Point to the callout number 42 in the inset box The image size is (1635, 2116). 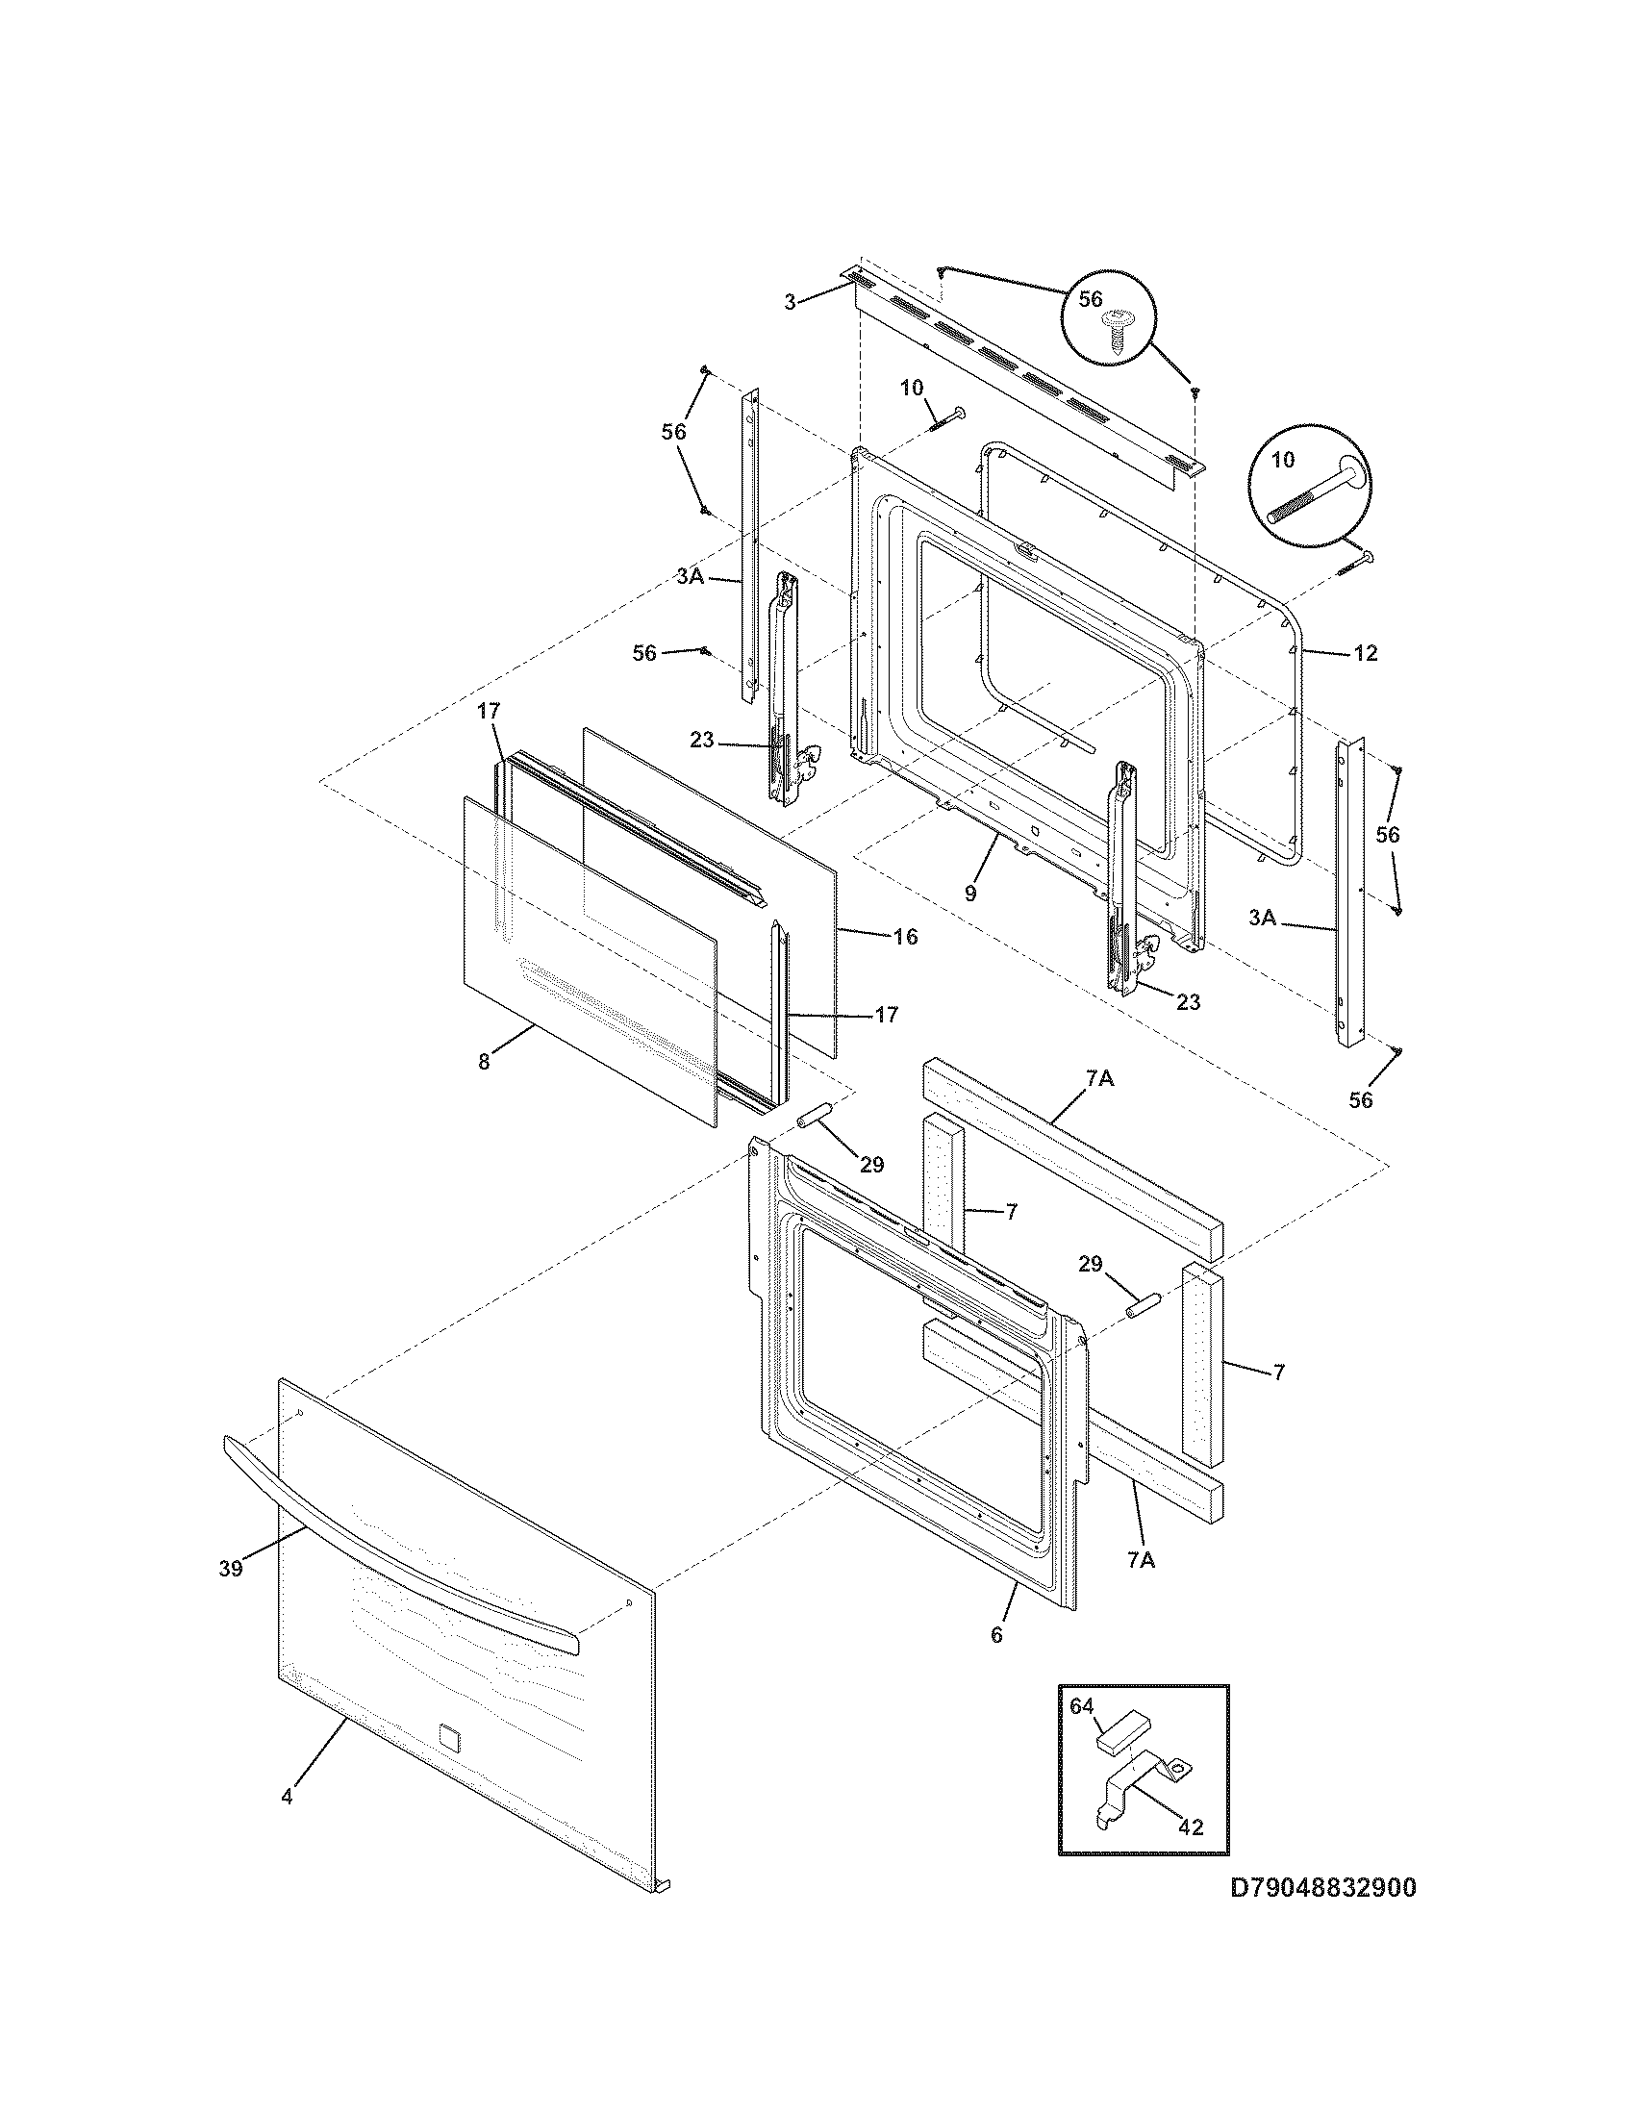click(x=1191, y=1827)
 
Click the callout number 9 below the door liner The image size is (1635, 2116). click(x=970, y=893)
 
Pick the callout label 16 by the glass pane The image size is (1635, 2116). click(x=905, y=937)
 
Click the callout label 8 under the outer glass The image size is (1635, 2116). click(x=484, y=1061)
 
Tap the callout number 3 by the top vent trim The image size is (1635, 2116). click(x=791, y=302)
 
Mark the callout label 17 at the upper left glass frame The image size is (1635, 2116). click(x=489, y=711)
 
